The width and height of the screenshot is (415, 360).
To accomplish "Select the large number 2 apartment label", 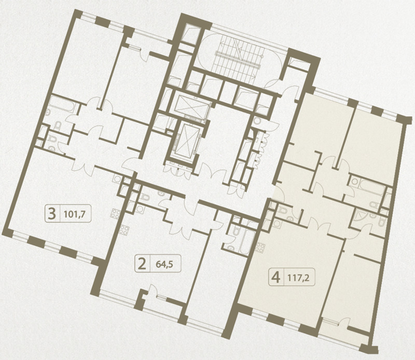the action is tap(142, 264).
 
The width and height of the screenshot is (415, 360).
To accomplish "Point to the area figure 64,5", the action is tap(164, 265).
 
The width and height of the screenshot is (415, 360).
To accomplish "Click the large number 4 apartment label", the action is tap(276, 278).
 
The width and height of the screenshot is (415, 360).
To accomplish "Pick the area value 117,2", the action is tap(298, 278).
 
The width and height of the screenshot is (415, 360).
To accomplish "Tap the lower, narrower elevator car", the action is tap(187, 140).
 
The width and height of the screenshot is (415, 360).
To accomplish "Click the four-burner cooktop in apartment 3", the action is tap(115, 214).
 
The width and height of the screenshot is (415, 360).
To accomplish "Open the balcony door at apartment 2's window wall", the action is tap(153, 290).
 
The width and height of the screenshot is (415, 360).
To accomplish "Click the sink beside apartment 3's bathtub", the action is tap(48, 113).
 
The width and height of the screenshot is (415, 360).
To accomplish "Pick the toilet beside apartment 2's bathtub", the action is tap(235, 232).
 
